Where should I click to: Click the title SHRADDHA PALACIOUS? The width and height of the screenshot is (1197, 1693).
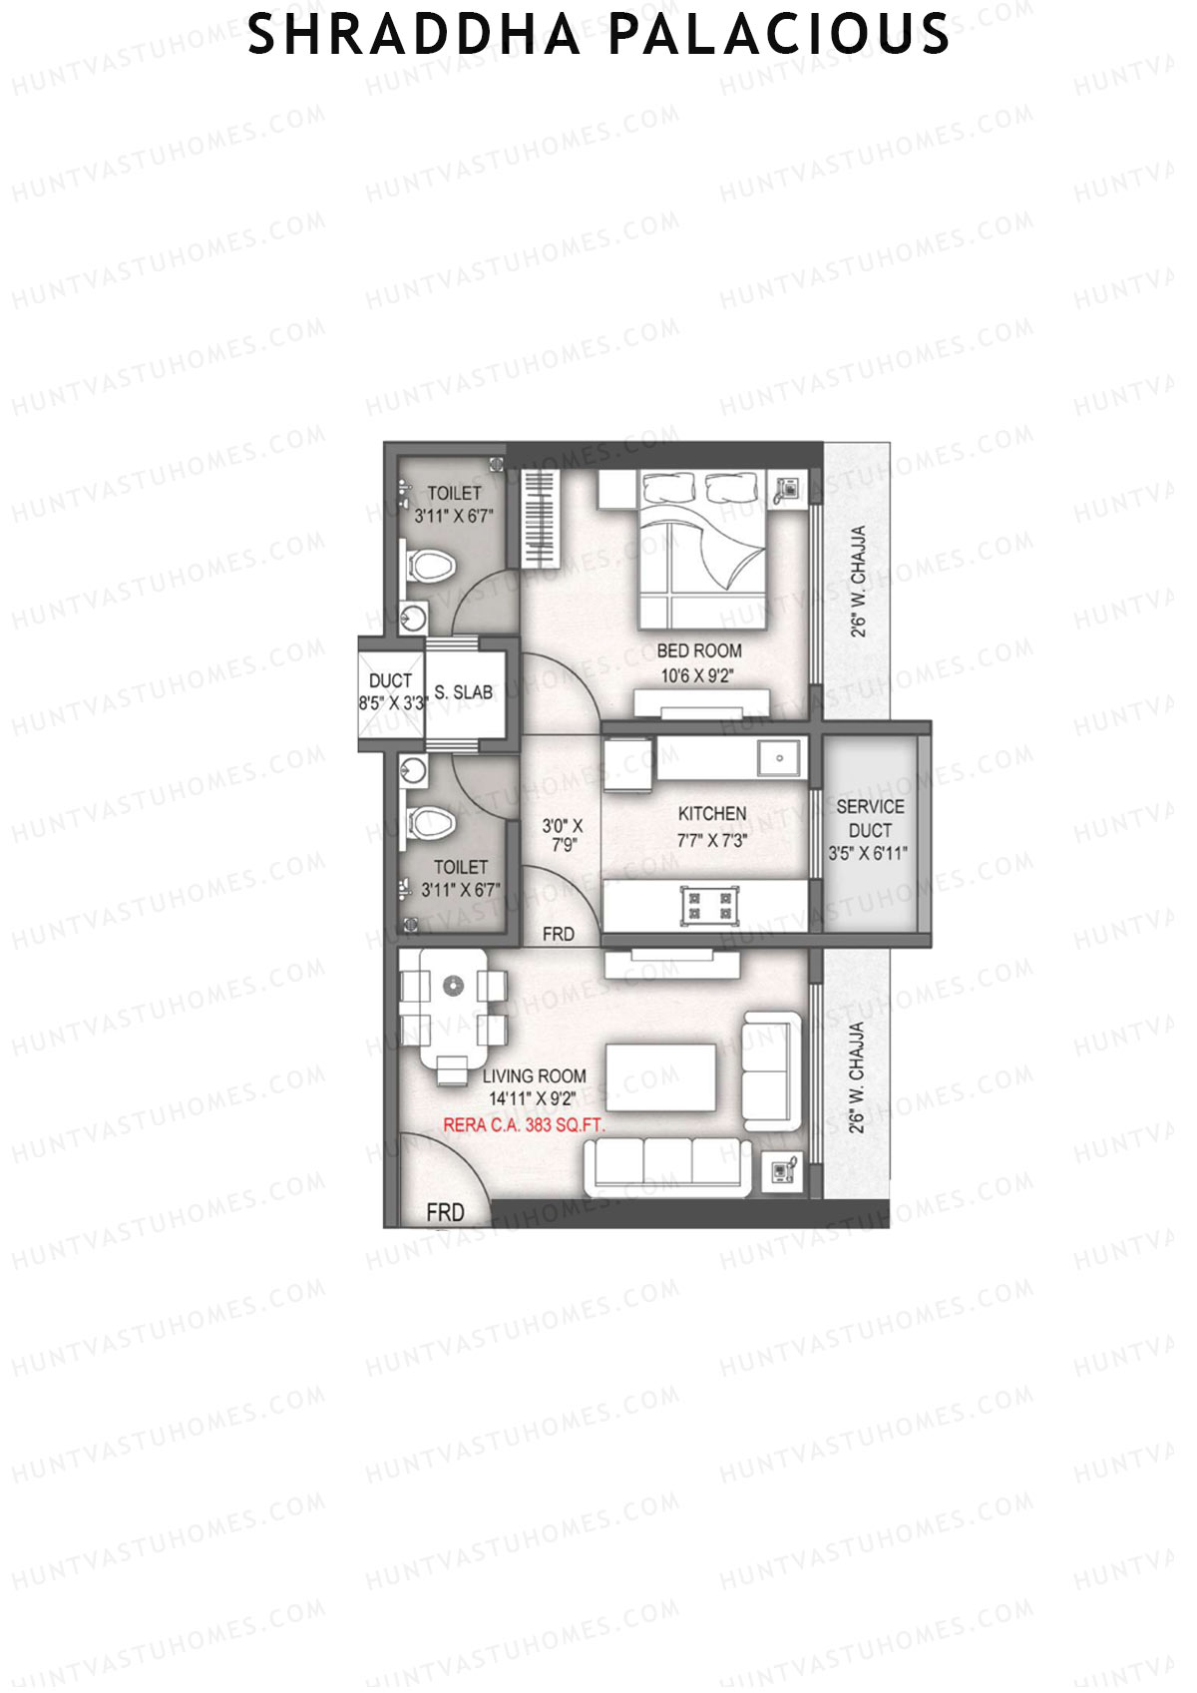pos(598,35)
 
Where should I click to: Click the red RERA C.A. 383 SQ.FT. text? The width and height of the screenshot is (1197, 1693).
pos(524,1124)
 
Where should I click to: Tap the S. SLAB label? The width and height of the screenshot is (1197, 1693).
pos(463,692)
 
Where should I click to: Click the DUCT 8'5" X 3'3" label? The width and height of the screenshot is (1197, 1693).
pos(391,691)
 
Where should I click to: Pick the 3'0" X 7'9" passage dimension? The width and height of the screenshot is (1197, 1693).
pos(563,835)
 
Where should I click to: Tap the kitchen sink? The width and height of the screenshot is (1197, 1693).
pos(778,758)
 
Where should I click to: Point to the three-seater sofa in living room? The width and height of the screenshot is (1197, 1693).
pos(666,1164)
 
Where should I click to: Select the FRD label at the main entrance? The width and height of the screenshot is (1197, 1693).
pos(445,1212)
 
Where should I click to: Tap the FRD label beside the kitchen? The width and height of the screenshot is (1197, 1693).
pos(558,934)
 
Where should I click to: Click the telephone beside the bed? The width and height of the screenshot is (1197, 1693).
pos(787,490)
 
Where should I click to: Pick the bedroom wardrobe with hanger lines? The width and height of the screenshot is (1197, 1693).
pos(540,517)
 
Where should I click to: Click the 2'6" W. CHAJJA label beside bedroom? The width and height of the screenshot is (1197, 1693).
pos(857,581)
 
